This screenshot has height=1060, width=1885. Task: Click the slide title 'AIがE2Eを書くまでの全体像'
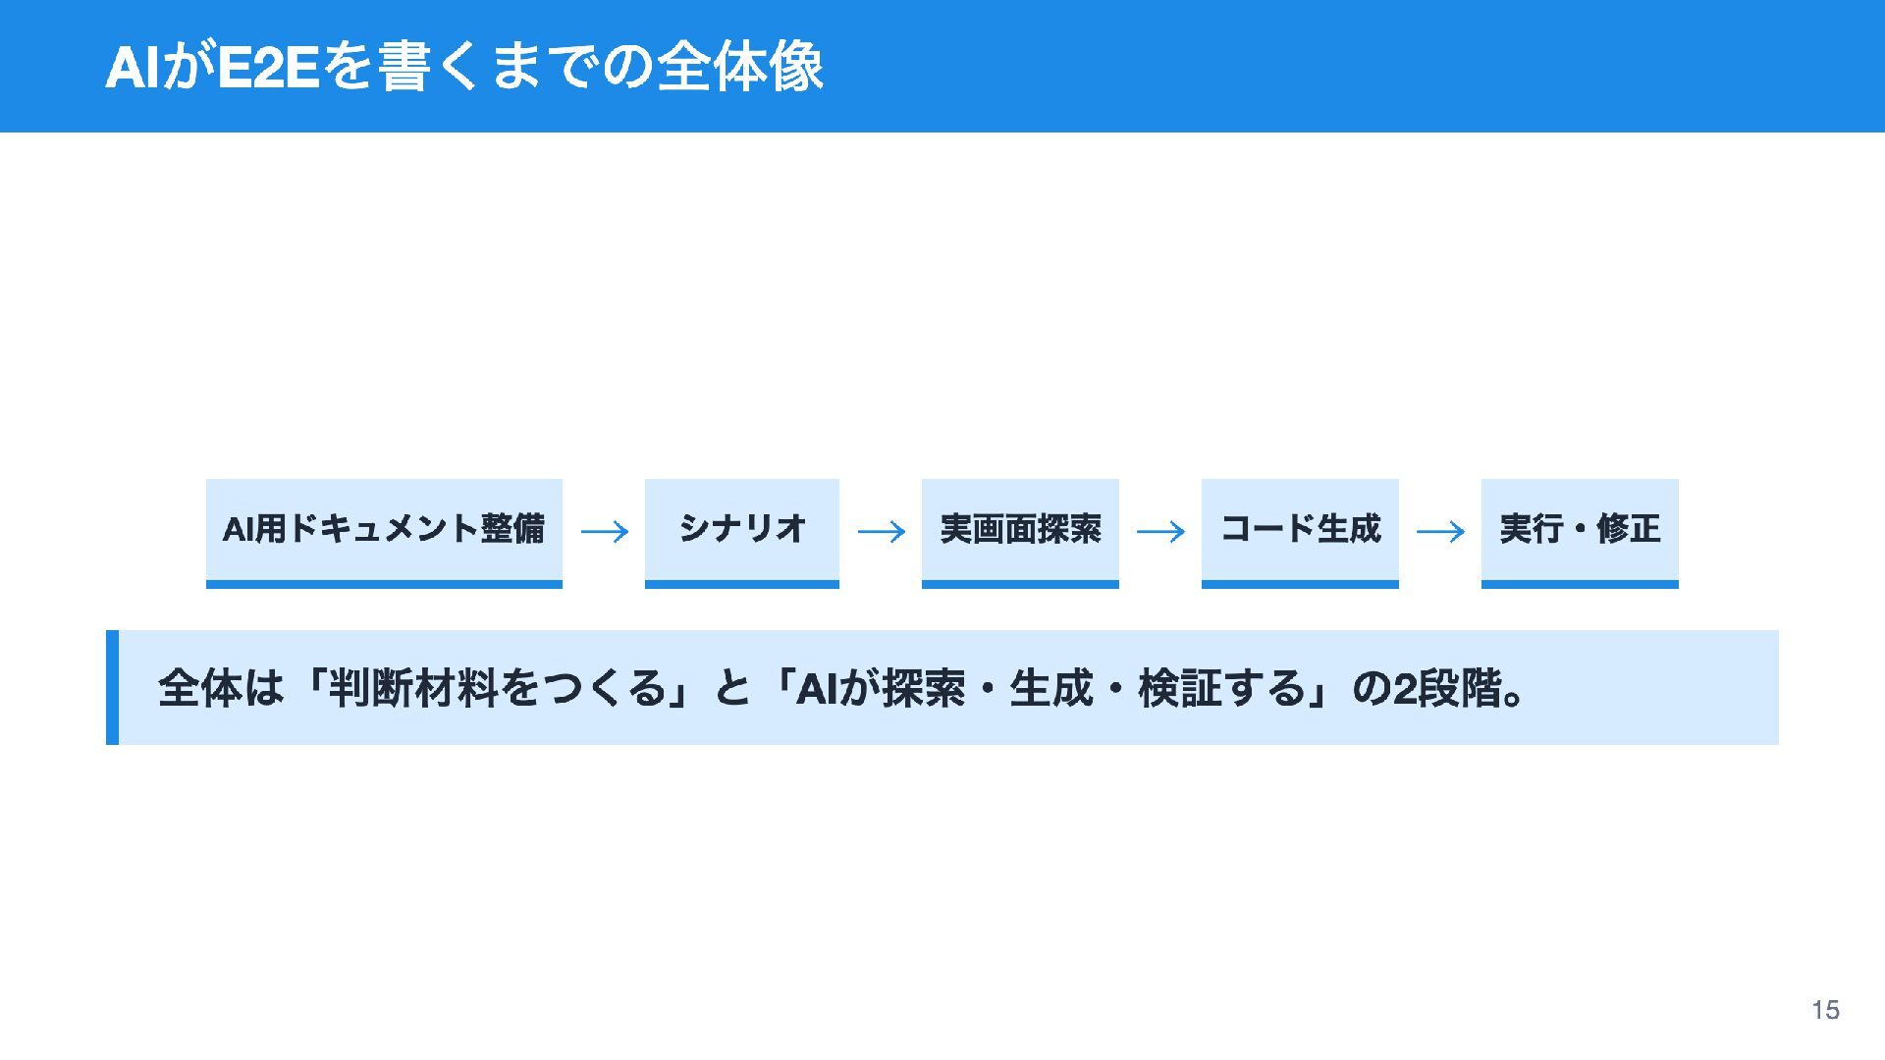[x=463, y=68]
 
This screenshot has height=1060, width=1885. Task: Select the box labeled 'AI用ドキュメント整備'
[x=384, y=533]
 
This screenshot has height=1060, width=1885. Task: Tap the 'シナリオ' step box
[x=742, y=533]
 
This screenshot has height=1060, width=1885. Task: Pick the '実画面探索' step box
[x=1020, y=533]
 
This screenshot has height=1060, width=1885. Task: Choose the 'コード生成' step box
[x=1300, y=533]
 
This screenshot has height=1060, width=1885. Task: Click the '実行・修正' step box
[x=1580, y=533]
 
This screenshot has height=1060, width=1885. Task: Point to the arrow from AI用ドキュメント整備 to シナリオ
[x=605, y=532]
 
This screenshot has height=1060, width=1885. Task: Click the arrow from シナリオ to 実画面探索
[x=882, y=532]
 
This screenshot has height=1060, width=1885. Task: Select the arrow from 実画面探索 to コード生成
[x=1160, y=532]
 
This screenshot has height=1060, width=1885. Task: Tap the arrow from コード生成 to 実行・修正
[x=1440, y=532]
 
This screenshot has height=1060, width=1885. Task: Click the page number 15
[x=1825, y=1010]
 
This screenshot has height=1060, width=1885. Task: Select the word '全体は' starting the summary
[x=221, y=688]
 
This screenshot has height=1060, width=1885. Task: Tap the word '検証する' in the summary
[x=1222, y=688]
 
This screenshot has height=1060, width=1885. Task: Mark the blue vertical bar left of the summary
[x=112, y=687]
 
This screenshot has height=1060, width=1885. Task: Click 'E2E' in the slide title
[x=268, y=68]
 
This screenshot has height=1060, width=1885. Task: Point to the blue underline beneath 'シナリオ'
[x=742, y=584]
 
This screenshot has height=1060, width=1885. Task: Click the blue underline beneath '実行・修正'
[x=1580, y=584]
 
